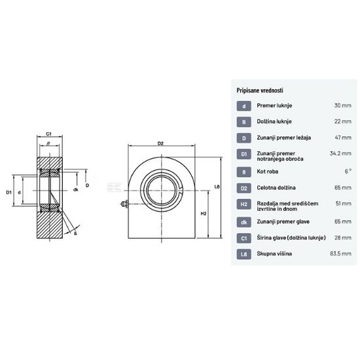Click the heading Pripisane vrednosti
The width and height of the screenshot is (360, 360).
(260, 90)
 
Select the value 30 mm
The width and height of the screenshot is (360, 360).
(343, 105)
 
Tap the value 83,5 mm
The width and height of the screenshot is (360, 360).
(341, 254)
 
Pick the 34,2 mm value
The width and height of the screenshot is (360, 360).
(340, 153)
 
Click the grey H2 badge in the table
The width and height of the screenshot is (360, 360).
(244, 204)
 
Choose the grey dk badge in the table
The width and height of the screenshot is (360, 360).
(244, 222)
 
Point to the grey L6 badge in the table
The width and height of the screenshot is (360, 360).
(244, 254)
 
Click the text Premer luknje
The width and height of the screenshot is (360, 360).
(274, 105)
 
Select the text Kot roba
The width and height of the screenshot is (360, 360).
(268, 171)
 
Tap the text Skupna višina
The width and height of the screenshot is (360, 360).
(274, 254)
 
